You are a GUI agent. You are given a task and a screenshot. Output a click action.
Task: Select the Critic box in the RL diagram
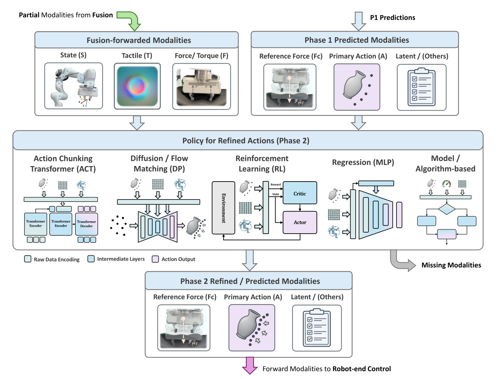[300, 193]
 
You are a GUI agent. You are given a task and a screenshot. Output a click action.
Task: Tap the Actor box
[300, 222]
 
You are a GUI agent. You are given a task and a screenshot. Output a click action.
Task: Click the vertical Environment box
[223, 208]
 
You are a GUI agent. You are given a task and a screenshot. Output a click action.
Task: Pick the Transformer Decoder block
[86, 224]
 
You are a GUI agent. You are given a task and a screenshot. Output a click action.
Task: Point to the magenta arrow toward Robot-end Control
[250, 365]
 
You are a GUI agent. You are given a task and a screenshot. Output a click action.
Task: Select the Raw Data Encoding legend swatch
[28, 259]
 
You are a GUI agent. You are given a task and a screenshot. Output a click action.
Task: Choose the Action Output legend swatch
[155, 259]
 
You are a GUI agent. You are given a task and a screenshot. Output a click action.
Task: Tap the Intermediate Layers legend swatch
[91, 259]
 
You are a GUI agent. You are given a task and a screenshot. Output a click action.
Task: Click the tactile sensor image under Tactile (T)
[137, 86]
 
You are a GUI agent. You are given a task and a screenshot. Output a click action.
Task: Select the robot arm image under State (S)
[73, 86]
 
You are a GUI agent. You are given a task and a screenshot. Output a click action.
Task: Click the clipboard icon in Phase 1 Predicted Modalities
[422, 87]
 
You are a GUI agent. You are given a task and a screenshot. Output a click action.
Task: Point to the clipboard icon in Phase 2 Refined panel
[317, 328]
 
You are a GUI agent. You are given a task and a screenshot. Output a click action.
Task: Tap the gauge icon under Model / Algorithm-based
[446, 184]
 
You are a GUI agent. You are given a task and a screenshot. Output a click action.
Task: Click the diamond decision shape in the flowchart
[446, 209]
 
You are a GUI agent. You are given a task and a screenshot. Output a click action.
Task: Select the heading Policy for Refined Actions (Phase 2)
[246, 141]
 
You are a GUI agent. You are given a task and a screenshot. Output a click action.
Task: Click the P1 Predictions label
[393, 18]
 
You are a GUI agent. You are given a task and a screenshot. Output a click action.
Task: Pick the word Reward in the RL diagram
[276, 184]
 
